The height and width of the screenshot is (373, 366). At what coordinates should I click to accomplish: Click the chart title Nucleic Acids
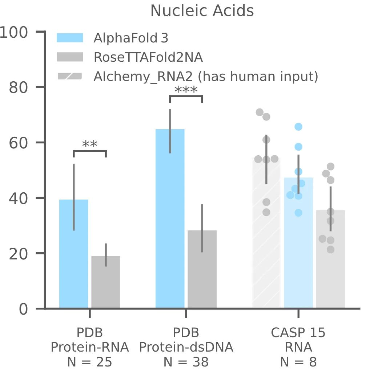click(202, 11)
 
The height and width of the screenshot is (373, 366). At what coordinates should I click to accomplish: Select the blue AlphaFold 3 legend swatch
click(70, 38)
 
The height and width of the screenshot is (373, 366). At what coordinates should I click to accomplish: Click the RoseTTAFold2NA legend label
click(148, 57)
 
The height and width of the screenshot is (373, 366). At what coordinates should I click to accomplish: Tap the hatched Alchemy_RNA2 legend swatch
click(70, 76)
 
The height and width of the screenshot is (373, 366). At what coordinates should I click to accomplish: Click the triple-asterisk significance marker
click(186, 90)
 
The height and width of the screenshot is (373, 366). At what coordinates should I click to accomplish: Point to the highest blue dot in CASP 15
click(298, 127)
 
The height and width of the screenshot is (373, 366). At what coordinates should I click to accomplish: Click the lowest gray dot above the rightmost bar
click(330, 250)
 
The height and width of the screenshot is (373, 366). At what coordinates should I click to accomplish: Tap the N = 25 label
click(89, 362)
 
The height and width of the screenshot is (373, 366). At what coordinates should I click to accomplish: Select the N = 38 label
click(186, 362)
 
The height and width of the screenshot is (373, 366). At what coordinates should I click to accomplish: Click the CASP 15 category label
click(298, 333)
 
